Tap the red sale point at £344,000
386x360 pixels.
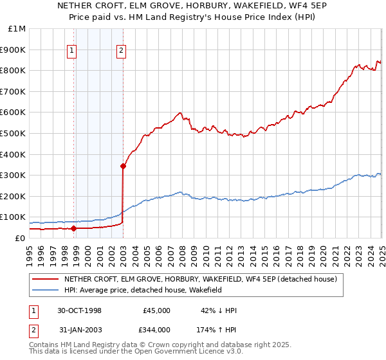point(123,166)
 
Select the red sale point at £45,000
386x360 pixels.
point(73,228)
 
